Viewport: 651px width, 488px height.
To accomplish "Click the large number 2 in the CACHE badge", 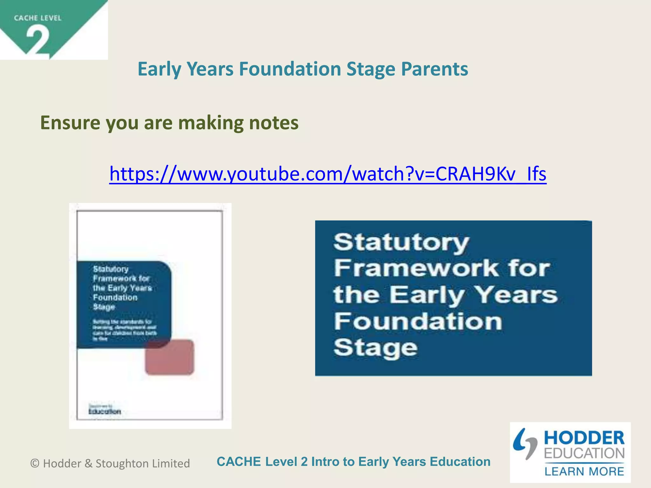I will [38, 41].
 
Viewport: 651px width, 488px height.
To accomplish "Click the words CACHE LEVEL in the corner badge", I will [38, 18].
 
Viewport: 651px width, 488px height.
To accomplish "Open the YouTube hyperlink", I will [328, 174].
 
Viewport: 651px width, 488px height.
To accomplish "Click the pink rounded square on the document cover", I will [170, 357].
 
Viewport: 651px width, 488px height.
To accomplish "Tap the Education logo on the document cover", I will [105, 411].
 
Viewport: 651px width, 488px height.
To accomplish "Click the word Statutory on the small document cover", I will [111, 269].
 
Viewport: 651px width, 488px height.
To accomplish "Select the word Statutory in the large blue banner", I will [401, 243].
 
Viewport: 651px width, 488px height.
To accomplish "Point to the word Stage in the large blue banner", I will [375, 348].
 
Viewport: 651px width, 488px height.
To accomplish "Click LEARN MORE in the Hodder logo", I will [584, 471].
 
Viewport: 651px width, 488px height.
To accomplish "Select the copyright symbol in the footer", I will [35, 464].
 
